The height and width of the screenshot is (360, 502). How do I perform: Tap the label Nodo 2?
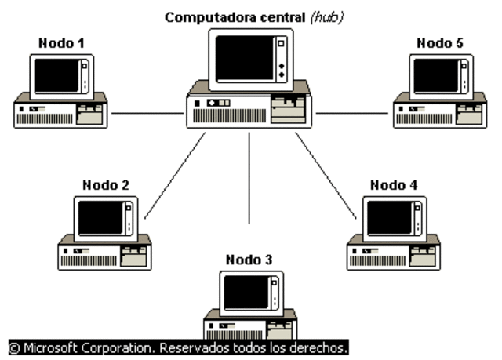105,185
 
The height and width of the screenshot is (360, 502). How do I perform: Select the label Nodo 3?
250,259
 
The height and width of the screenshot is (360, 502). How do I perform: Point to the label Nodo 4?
394,185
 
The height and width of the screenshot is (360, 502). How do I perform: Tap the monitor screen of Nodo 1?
57,76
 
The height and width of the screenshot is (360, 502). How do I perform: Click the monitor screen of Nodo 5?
436,76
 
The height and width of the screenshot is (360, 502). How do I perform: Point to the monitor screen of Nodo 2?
101,218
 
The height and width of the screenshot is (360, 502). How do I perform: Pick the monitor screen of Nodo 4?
390,218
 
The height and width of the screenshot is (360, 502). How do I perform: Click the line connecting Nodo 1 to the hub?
147,113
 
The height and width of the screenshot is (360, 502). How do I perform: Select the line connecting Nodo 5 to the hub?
352,113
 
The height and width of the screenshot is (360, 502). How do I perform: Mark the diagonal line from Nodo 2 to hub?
174,176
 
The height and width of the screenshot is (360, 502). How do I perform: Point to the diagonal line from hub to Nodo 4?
325,176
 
